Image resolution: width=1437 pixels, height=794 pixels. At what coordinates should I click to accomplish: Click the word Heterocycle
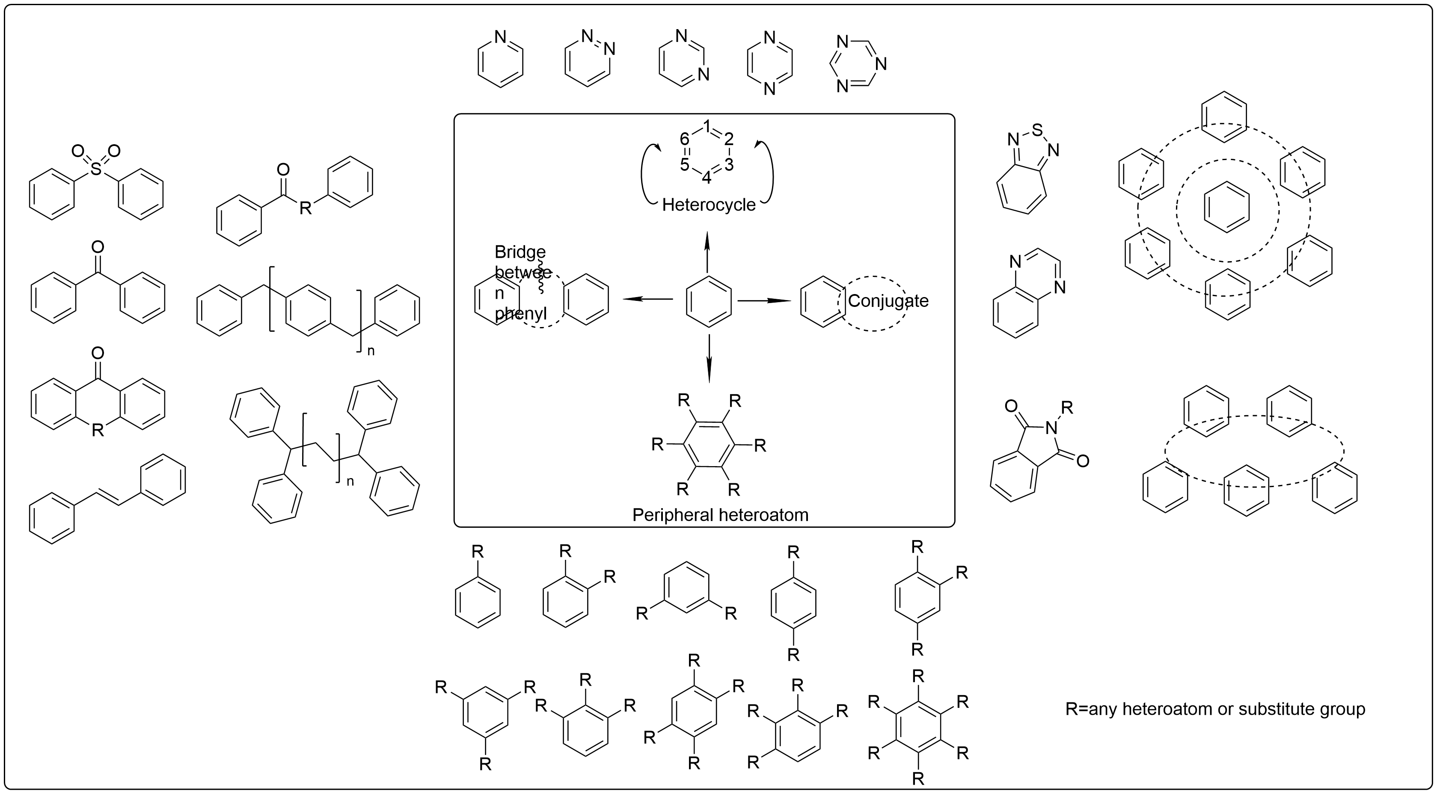coord(709,205)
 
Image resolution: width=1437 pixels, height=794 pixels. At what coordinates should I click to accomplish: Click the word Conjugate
coord(888,301)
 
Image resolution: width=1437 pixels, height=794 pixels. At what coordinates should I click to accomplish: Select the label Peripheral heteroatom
coord(720,514)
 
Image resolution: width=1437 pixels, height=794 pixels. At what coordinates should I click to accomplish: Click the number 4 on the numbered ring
coord(706,178)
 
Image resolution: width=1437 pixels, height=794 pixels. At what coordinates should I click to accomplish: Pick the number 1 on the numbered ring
coord(707,126)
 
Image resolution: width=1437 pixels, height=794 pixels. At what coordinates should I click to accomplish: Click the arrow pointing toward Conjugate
coord(764,301)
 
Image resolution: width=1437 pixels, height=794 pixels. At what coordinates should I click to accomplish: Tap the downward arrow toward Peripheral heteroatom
coord(709,358)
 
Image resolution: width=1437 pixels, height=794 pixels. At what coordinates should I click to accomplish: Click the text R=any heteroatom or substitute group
coord(1215,709)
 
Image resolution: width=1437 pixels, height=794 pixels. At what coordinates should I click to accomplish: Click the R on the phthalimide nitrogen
coord(1067,407)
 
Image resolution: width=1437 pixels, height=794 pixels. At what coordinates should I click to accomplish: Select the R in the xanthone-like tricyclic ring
coord(98,430)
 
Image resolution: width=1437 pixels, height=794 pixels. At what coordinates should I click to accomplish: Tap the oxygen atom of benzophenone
coord(98,247)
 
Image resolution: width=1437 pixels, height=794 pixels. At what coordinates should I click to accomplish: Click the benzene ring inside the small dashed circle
coord(1227,207)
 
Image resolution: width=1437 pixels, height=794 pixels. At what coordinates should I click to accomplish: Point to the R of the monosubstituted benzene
coord(478,552)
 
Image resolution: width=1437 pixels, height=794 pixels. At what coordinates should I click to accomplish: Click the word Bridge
coord(520,252)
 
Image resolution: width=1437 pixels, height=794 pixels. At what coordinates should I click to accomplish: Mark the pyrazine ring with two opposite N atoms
coord(769,63)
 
